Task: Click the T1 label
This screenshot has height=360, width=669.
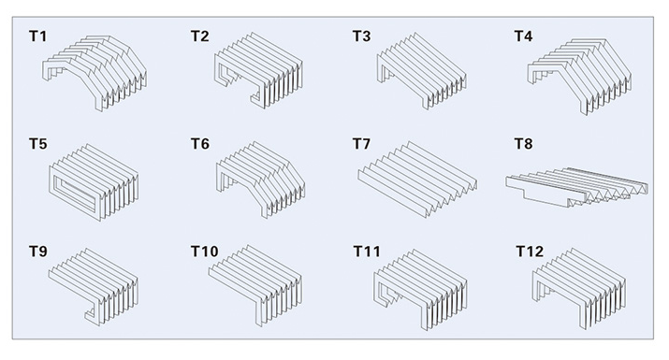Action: click(x=38, y=36)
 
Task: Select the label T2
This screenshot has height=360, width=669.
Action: click(x=199, y=36)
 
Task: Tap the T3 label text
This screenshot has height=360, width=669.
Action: click(x=361, y=36)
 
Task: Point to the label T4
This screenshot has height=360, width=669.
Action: click(x=523, y=36)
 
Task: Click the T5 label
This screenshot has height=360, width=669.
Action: click(x=38, y=144)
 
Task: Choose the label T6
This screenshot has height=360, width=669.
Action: click(x=199, y=144)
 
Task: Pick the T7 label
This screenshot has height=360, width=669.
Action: click(x=361, y=144)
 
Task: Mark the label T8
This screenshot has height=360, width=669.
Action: click(x=523, y=144)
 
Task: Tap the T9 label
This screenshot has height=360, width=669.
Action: click(x=38, y=252)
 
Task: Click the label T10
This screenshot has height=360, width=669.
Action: click(x=204, y=252)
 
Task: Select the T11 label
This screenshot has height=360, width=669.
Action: click(x=367, y=252)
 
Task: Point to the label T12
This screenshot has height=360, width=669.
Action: click(x=530, y=252)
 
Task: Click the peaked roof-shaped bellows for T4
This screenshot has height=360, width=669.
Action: click(x=579, y=77)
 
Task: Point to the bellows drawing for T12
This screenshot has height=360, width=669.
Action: click(x=579, y=288)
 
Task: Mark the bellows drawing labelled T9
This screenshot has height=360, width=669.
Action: click(x=94, y=286)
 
